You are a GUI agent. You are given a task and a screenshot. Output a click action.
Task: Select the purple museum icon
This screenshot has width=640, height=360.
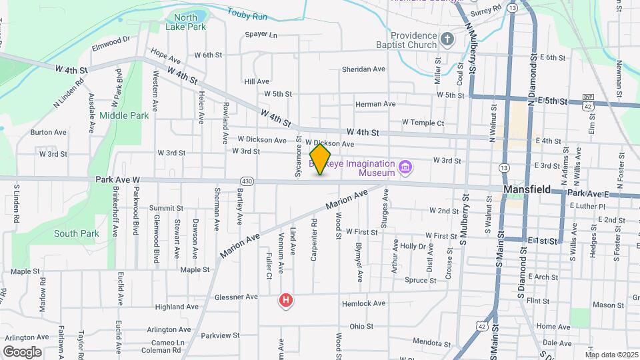(x=404, y=167)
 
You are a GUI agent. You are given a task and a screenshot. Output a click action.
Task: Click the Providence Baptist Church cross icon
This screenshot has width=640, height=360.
(x=447, y=41)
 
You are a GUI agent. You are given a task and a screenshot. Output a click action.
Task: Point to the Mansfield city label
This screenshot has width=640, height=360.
(x=527, y=189)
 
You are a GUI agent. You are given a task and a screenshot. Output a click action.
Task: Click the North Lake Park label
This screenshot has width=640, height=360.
(x=185, y=23)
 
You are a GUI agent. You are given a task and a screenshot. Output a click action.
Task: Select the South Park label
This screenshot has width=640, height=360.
(x=77, y=234)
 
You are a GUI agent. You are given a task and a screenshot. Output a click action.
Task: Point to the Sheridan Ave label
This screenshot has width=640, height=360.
(x=363, y=69)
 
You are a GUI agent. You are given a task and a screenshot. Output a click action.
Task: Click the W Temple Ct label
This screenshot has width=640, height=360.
(x=423, y=123)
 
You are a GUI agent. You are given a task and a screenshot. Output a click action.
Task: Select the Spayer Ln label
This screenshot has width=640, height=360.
(x=261, y=34)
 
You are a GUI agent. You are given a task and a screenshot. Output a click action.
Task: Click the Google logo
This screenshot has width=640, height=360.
(x=23, y=351)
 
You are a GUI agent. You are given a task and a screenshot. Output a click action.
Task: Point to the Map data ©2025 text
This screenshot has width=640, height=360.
(x=611, y=355)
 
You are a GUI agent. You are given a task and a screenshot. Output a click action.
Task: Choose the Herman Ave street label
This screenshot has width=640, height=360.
(x=375, y=104)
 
